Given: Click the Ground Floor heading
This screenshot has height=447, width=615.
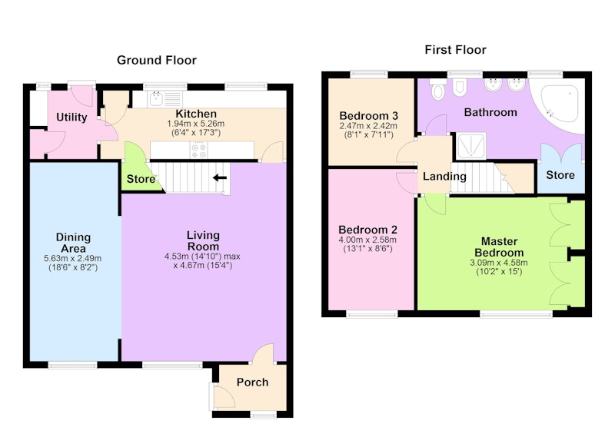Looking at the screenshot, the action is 157,60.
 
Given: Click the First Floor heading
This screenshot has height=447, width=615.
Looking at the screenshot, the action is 455,50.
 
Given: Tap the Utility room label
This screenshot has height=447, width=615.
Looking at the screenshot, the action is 71,118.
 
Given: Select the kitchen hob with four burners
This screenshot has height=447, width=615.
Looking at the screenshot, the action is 198,151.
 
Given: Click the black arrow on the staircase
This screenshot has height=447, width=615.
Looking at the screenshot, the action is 220,178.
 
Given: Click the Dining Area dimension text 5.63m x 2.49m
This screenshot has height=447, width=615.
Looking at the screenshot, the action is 72,259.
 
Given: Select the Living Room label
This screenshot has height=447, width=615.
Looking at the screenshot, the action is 203,240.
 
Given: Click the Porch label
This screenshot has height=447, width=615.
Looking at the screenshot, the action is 253,382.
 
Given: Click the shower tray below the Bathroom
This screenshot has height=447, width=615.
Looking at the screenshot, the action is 470,146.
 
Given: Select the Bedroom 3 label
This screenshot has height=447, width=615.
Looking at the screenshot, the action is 369,115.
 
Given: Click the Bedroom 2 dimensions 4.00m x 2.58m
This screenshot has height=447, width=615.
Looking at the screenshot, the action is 367,240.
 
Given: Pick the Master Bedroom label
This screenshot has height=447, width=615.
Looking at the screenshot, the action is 499,247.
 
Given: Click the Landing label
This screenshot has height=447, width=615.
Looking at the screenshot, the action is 444,177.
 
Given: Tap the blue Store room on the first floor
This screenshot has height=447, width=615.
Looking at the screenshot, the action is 560,168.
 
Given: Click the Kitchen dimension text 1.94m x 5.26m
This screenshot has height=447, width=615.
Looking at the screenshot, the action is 196,124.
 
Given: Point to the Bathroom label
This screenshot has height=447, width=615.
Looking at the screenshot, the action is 490,112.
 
